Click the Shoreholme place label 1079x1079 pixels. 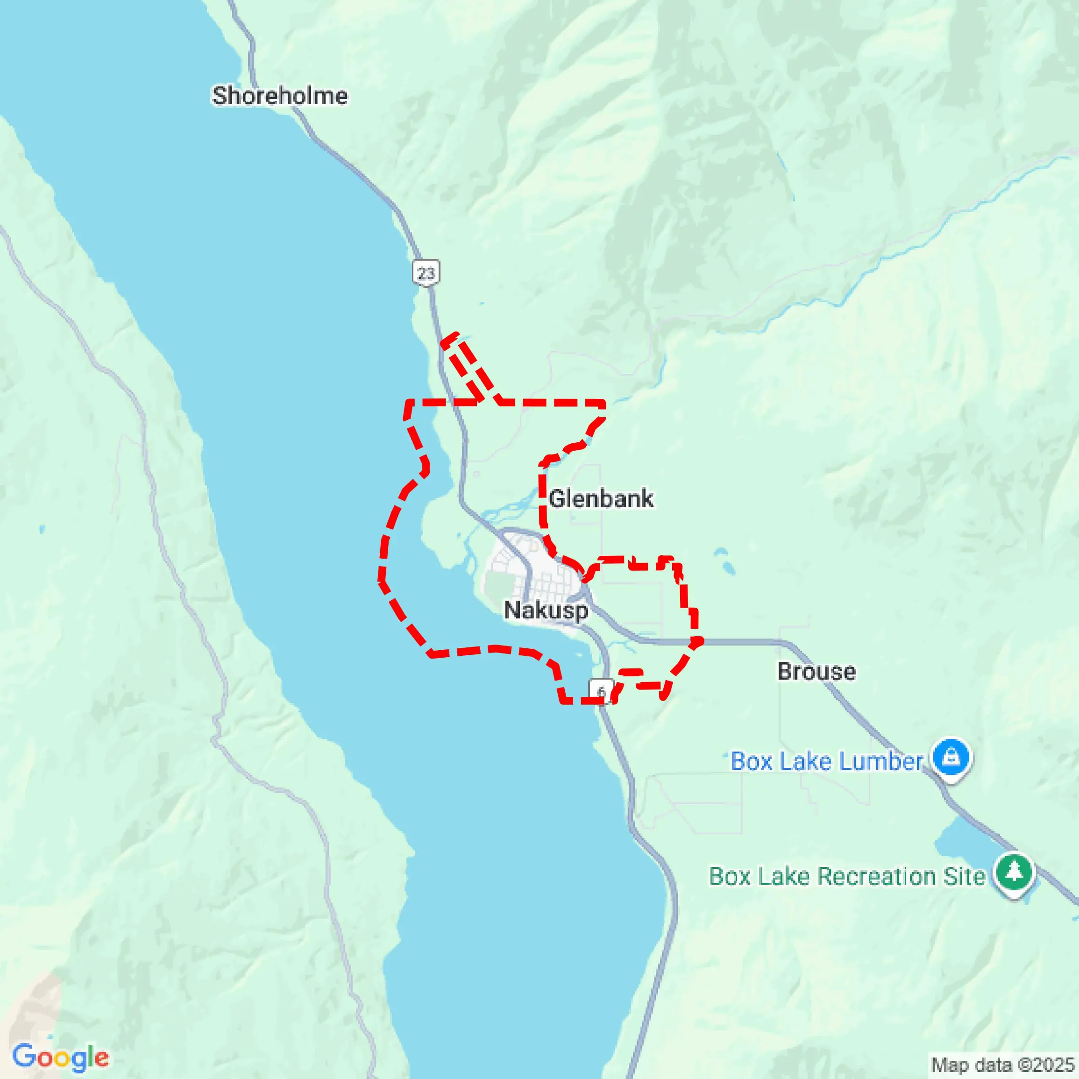coord(279,96)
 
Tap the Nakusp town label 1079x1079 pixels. coord(546,610)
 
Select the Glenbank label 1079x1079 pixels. coord(601,499)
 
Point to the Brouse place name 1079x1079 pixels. coord(816,671)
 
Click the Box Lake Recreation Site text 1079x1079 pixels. coord(847,876)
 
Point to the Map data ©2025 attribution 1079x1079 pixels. coord(1003,1065)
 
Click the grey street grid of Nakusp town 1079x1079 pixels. coord(553,581)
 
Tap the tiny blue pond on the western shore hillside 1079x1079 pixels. coord(42,529)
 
